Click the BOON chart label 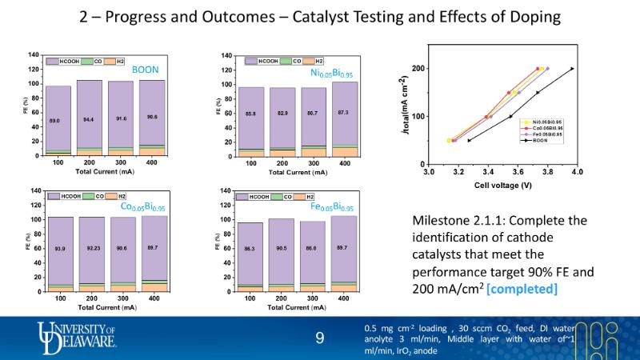[145, 70]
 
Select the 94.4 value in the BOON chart [89, 119]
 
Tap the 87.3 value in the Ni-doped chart [344, 112]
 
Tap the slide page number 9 [320, 339]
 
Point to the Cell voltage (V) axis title [502, 184]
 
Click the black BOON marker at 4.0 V [573, 69]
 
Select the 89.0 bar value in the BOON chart [54, 120]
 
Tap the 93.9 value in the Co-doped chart [58, 249]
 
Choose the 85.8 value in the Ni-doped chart [250, 114]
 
